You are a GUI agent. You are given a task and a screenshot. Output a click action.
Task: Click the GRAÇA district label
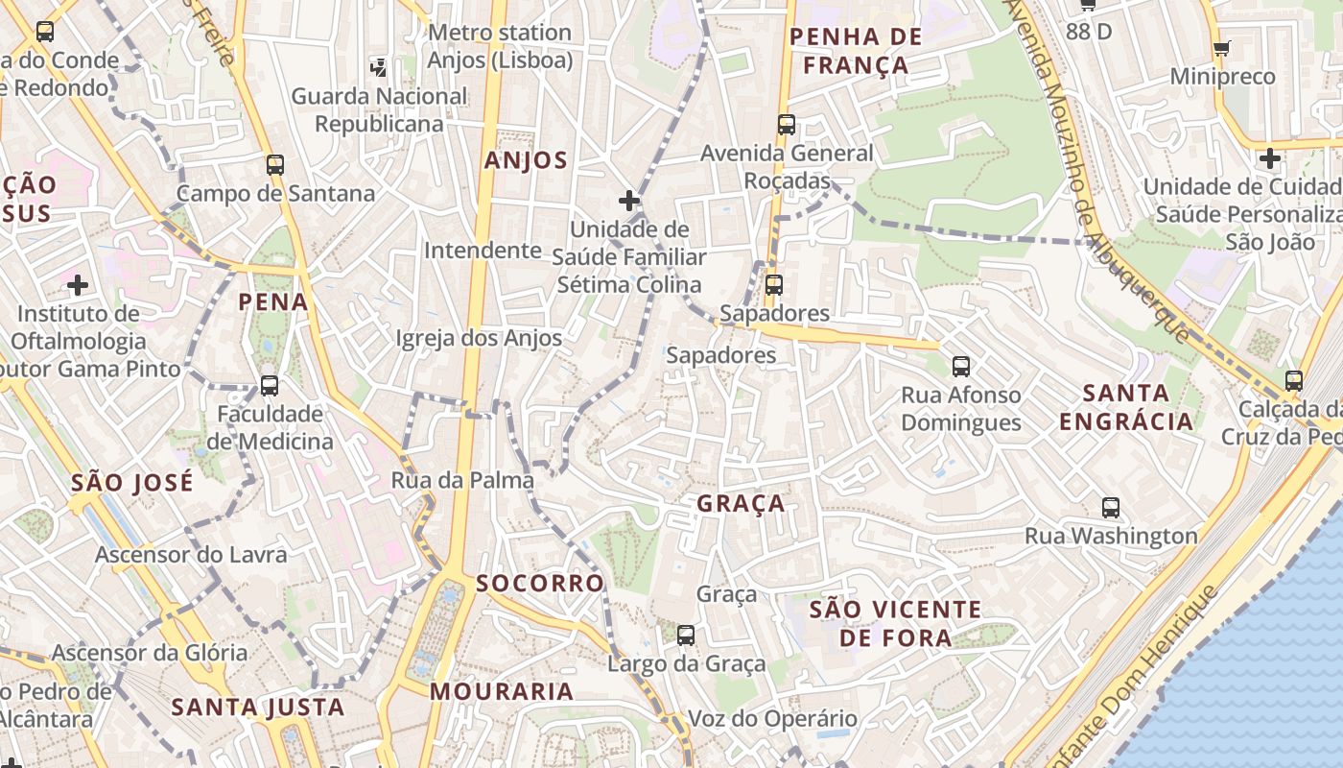(x=741, y=503)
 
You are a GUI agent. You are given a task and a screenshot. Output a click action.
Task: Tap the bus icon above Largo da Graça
(x=685, y=635)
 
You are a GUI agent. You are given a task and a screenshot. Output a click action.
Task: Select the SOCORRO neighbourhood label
(x=540, y=583)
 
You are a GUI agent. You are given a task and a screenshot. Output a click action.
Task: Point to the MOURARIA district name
(x=502, y=691)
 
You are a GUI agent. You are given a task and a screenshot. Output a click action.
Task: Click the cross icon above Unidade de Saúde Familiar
(x=628, y=201)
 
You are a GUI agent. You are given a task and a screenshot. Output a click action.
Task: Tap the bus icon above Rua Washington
(x=1111, y=508)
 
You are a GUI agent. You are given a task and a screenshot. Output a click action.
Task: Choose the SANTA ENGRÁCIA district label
(x=1126, y=406)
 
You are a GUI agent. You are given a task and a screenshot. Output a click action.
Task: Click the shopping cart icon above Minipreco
(x=1221, y=48)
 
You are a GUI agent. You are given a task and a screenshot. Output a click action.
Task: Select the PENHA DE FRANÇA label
(x=856, y=51)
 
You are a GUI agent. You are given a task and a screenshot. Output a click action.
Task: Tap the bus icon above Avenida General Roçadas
(x=787, y=124)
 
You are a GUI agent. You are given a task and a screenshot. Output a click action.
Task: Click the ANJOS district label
(x=526, y=160)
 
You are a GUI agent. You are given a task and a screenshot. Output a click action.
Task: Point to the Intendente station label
(x=483, y=251)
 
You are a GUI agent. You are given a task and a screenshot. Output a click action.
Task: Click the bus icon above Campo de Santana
(x=275, y=164)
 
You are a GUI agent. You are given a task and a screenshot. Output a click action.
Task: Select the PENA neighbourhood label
(x=273, y=302)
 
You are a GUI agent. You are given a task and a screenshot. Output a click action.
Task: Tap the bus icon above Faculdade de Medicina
(x=270, y=386)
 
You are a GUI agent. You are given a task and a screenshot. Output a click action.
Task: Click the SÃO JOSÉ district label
(x=131, y=482)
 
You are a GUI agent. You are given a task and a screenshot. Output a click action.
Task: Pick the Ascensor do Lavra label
(x=191, y=555)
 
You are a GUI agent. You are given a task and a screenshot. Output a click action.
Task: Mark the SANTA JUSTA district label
(x=257, y=708)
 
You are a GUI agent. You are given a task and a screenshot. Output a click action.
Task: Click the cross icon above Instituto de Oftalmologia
(x=78, y=285)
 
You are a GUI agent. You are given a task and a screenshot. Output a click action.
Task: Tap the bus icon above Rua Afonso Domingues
(x=960, y=366)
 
